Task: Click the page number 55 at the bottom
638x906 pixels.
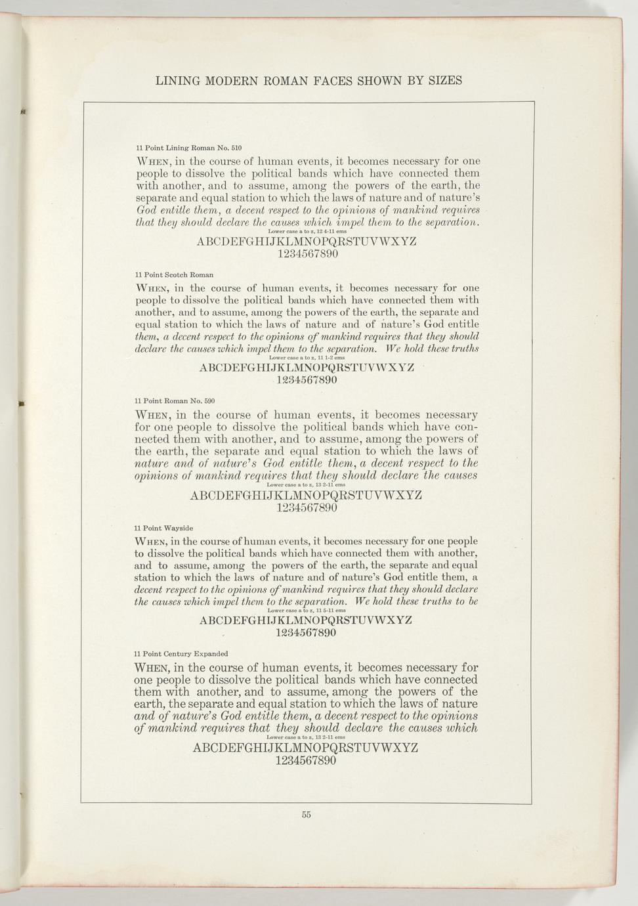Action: click(x=306, y=815)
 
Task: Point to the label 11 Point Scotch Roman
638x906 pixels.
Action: click(x=174, y=274)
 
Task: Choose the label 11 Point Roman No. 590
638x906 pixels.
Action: click(x=175, y=400)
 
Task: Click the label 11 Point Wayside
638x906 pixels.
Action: click(x=163, y=528)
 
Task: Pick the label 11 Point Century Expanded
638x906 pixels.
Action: click(x=181, y=654)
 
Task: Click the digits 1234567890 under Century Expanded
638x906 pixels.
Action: click(x=306, y=761)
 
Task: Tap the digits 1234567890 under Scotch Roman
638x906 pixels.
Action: click(x=307, y=380)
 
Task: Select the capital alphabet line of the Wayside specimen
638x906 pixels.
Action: click(x=306, y=620)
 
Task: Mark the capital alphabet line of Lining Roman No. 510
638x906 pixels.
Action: click(x=307, y=242)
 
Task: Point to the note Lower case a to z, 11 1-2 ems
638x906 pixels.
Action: click(x=307, y=358)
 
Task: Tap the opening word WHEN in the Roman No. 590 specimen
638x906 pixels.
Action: click(x=154, y=416)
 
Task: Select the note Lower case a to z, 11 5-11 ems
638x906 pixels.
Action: click(x=307, y=611)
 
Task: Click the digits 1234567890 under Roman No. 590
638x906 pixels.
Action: click(x=307, y=507)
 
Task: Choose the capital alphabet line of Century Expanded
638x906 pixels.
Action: click(x=305, y=748)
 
